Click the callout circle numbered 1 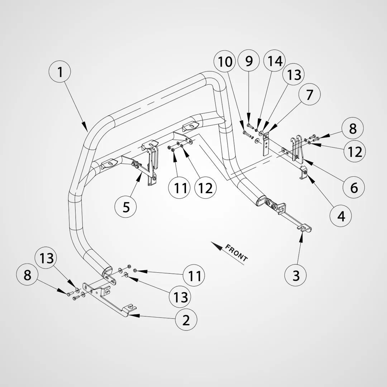60,72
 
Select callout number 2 186,320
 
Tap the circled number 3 296,275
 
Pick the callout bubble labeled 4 341,216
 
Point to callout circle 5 126,207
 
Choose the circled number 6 354,187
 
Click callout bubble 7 310,94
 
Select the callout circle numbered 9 249,61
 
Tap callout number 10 225,62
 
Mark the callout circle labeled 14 275,61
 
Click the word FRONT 236,253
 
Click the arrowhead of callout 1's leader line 85,128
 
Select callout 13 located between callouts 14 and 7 294,74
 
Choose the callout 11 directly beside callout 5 180,188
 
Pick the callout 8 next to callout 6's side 353,128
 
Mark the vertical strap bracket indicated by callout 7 266,144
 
